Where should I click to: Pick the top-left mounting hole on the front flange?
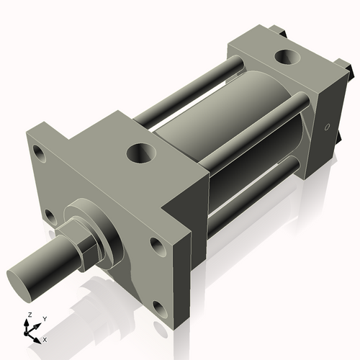[x=38, y=152]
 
